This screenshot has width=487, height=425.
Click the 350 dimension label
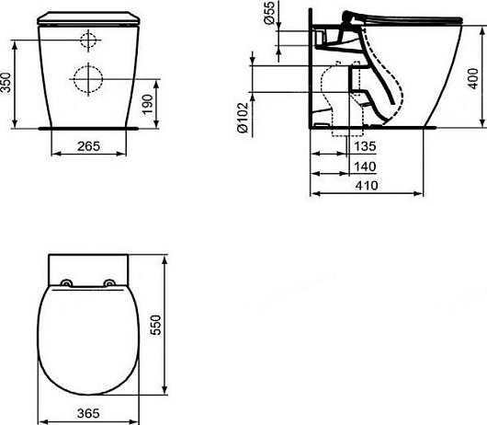6,83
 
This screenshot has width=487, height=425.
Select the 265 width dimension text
89,146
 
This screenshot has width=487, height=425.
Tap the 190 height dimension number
148,104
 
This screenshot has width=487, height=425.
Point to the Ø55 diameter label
269,13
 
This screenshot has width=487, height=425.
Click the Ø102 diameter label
243,118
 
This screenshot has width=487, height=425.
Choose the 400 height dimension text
473,79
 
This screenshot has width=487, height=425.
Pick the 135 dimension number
365,146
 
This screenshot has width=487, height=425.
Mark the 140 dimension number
365,167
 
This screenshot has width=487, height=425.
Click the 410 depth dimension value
367,186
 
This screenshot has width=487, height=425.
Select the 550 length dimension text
156,325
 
